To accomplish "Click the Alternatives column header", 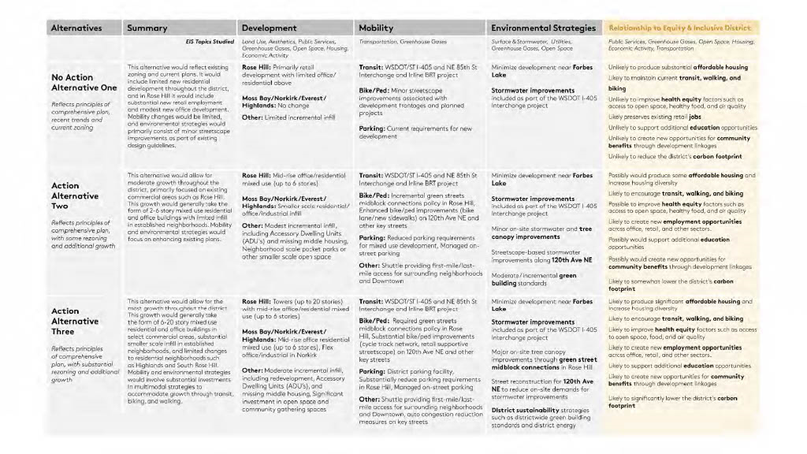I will [x=76, y=28].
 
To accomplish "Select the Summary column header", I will [x=147, y=28].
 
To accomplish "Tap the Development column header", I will [x=270, y=28].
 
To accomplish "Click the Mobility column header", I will [x=376, y=28].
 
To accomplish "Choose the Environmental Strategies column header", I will [x=543, y=28].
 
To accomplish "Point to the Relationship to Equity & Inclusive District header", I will [x=680, y=28].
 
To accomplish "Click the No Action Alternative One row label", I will [x=73, y=82].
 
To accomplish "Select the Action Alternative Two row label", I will [x=75, y=195].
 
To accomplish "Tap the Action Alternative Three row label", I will [x=75, y=321].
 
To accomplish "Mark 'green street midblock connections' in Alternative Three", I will [x=544, y=363].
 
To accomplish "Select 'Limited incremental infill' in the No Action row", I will [x=299, y=117].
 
